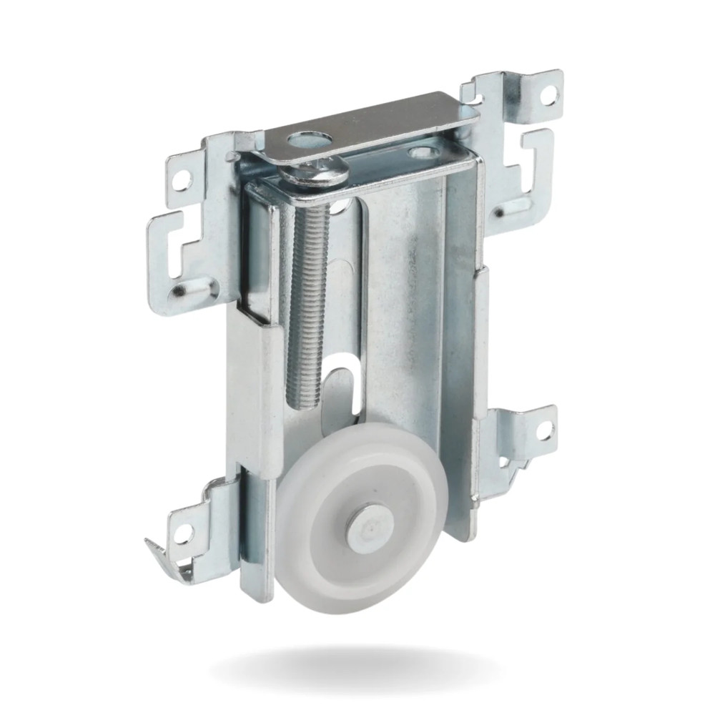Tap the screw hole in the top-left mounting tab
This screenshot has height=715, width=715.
(184, 173)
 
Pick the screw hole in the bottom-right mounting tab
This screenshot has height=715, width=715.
(542, 430)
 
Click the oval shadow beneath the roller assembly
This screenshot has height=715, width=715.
(357, 669)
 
